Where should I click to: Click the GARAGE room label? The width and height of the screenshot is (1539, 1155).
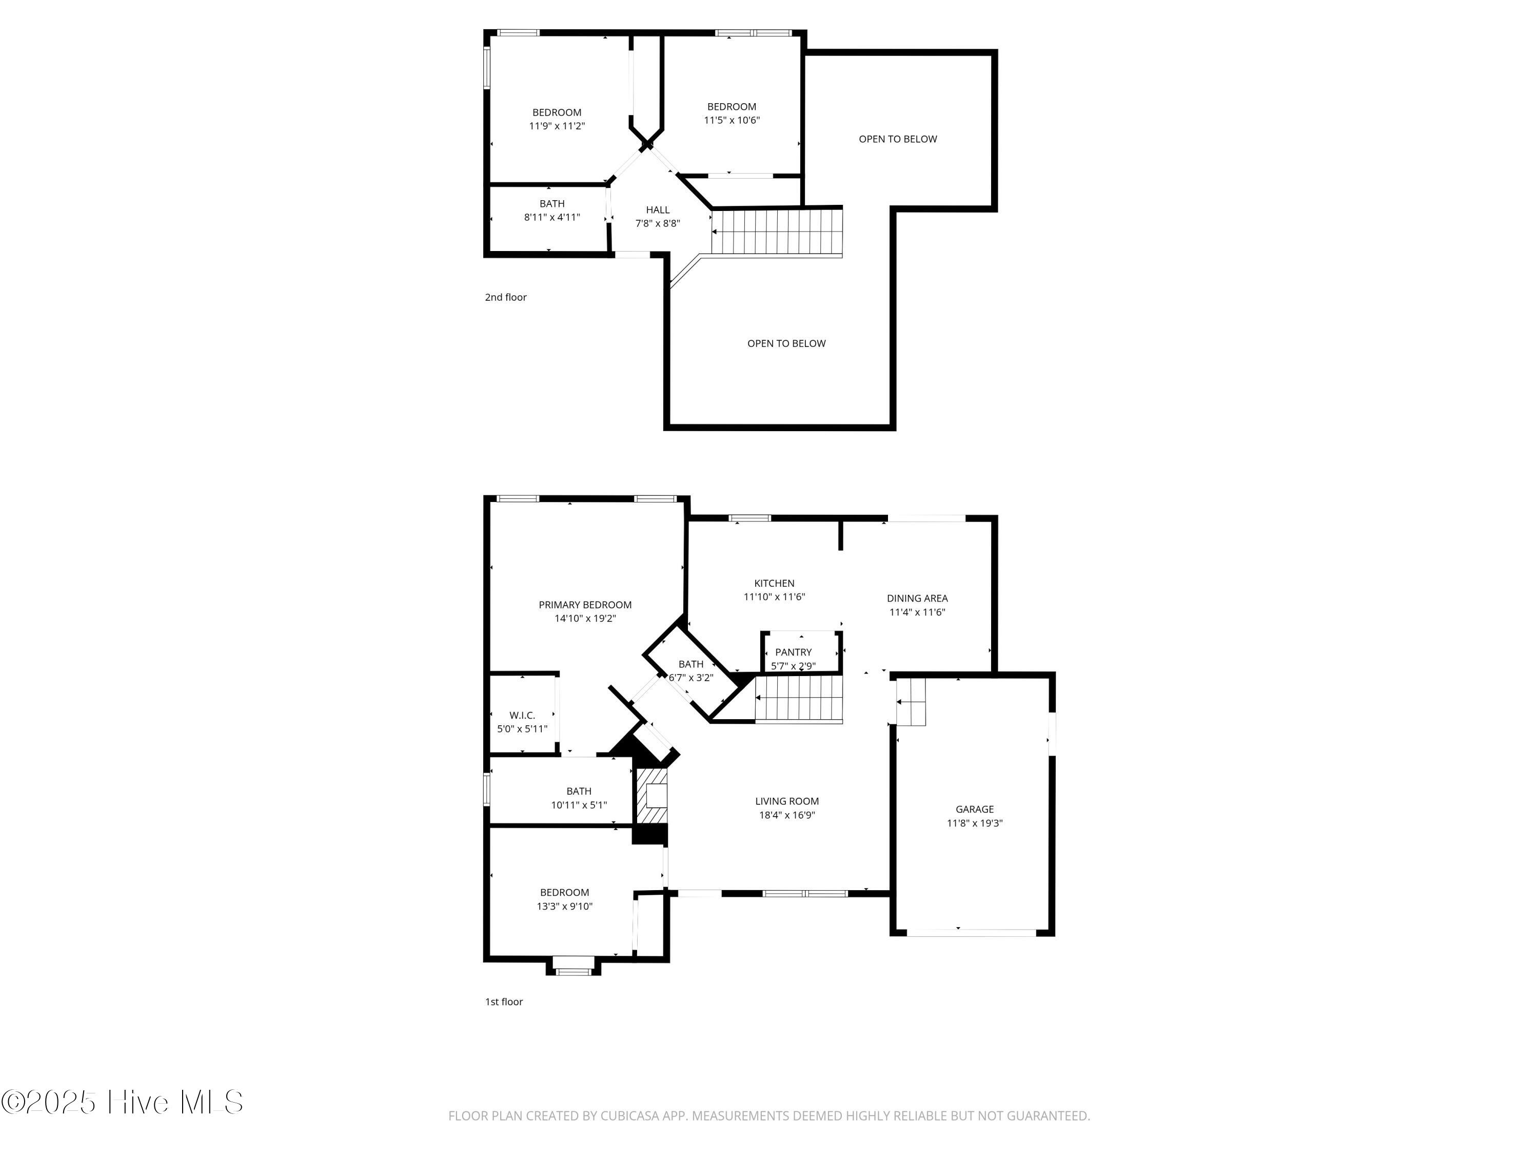(x=974, y=809)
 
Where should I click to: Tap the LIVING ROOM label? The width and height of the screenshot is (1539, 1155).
(x=787, y=801)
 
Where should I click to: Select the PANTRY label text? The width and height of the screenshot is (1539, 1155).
(x=793, y=652)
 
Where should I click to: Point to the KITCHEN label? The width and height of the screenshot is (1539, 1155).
(x=774, y=584)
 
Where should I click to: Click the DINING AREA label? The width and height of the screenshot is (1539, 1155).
(x=917, y=598)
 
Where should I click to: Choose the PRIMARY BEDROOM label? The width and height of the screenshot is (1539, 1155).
(x=585, y=605)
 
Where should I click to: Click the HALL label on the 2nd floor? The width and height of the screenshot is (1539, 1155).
(x=658, y=209)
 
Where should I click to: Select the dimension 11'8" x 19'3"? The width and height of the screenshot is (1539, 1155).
(x=974, y=823)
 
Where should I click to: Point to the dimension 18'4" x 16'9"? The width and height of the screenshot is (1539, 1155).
(x=787, y=815)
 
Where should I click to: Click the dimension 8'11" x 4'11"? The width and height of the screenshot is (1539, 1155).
(x=551, y=217)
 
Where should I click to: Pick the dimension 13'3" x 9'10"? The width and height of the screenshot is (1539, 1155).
(x=564, y=907)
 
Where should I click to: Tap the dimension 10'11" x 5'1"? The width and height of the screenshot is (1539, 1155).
(x=579, y=805)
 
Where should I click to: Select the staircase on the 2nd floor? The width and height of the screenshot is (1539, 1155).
(x=777, y=233)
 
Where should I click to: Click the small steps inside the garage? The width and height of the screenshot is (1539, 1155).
(x=911, y=702)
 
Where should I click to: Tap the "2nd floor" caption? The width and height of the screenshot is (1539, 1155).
(x=506, y=297)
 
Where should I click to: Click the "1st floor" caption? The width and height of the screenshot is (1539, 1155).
(x=504, y=1002)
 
